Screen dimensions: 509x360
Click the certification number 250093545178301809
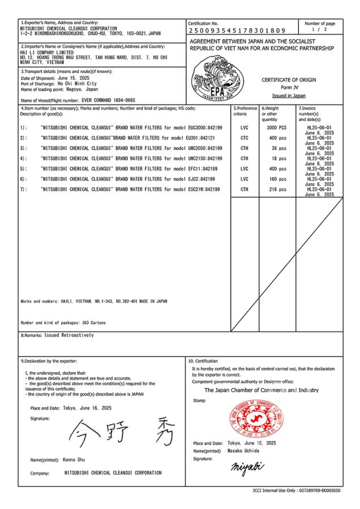click(x=237, y=30)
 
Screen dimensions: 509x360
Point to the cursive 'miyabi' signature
click(x=248, y=468)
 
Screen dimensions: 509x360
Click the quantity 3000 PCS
click(x=277, y=128)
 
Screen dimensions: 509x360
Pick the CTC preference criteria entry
click(x=244, y=138)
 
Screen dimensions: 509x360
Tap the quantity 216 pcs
click(x=277, y=189)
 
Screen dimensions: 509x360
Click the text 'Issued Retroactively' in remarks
click(x=69, y=335)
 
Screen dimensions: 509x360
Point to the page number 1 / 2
click(x=319, y=29)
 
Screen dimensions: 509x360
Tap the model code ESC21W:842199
click(x=203, y=189)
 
